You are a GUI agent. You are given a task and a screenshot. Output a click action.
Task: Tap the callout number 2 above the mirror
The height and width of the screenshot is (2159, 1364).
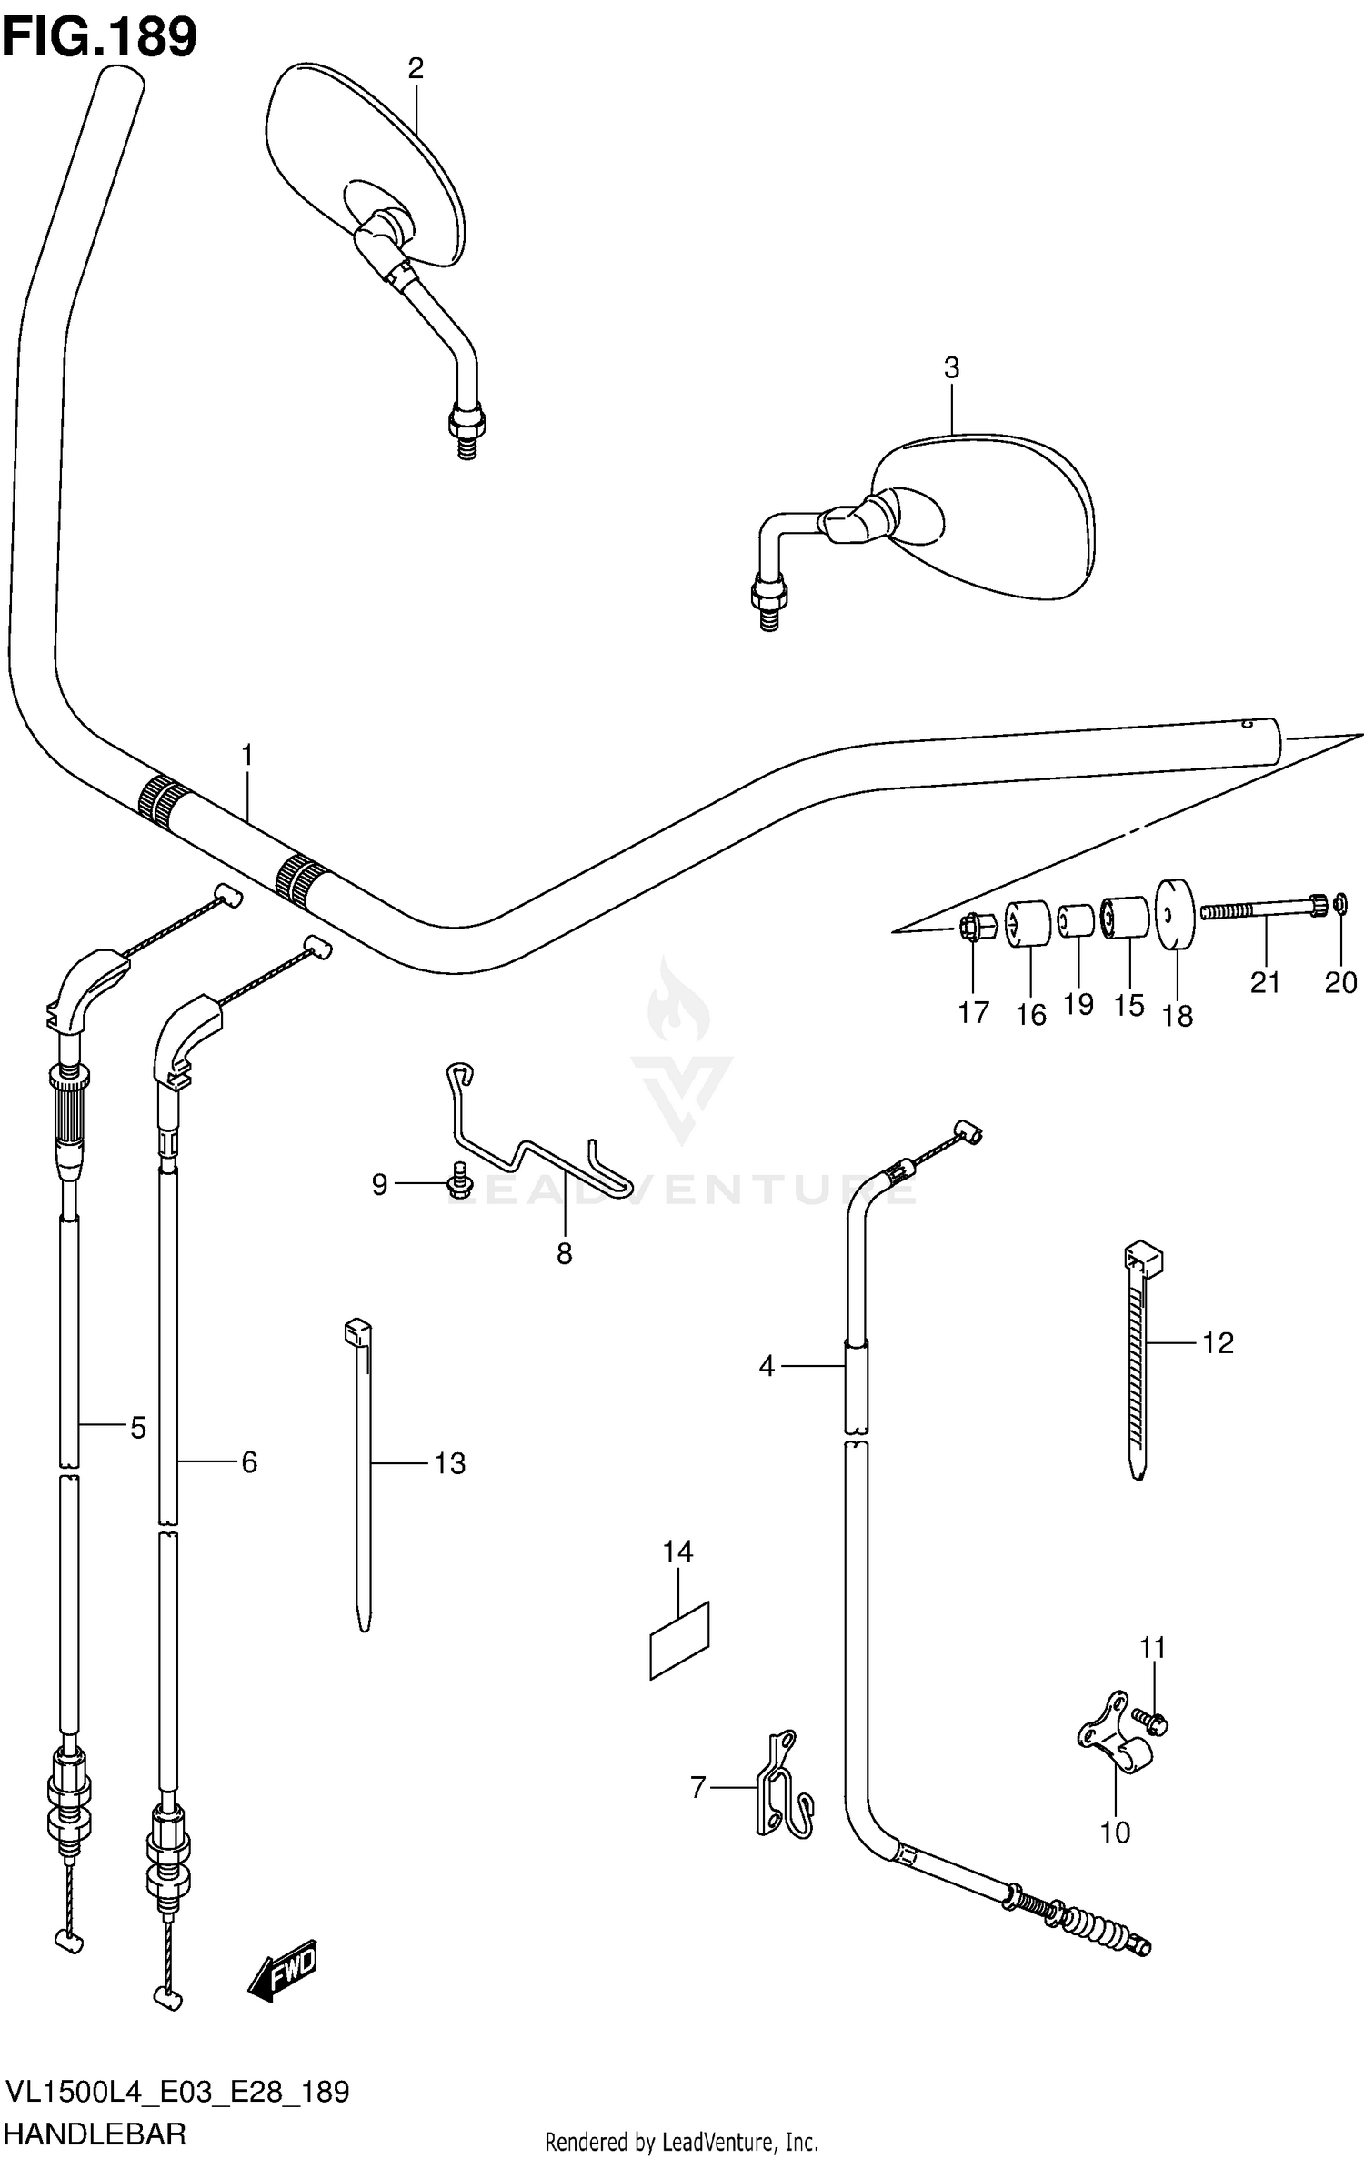(416, 68)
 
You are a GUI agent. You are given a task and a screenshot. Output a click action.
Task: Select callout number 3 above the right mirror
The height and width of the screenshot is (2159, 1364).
(951, 368)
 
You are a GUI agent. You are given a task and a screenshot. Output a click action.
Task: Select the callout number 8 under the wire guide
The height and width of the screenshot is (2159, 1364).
(564, 1253)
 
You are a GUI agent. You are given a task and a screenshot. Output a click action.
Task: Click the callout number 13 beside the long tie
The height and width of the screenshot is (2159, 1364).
(449, 1463)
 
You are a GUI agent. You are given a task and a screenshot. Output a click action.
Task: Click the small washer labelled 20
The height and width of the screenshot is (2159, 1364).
(1339, 904)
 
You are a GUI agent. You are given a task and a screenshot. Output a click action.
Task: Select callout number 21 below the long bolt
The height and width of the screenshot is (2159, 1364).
(1265, 982)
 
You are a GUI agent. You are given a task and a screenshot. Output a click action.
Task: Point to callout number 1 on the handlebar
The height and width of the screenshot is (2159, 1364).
(246, 756)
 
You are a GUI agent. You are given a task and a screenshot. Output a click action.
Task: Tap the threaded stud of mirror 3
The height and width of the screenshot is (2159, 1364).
(769, 618)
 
